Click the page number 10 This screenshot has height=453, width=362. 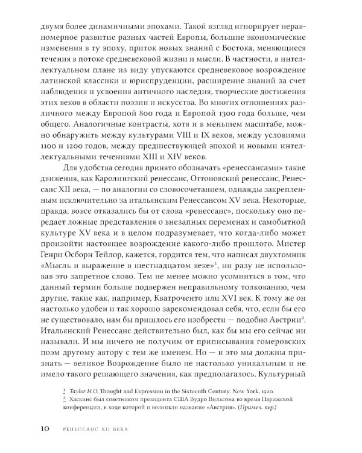(29, 429)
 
